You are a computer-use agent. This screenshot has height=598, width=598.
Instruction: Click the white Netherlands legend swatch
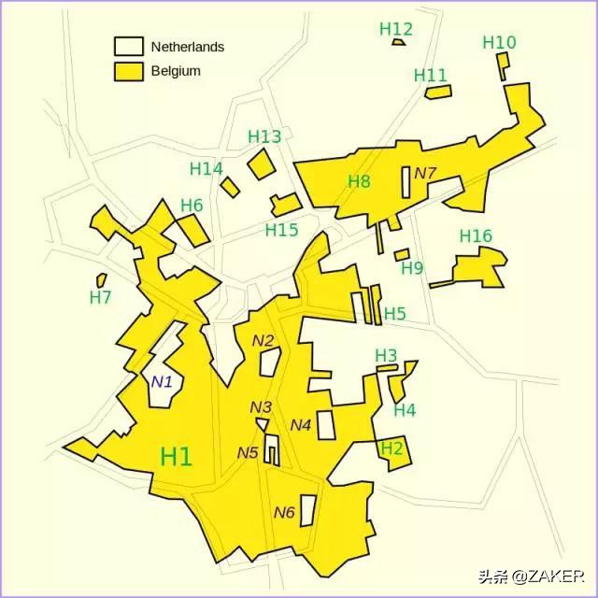click(x=128, y=46)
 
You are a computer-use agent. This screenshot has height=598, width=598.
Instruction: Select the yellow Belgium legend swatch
click(x=128, y=71)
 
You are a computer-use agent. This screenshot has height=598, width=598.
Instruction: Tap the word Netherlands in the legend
click(x=188, y=47)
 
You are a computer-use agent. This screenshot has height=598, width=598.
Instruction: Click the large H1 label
click(x=177, y=457)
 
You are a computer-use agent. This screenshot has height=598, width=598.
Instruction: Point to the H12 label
click(x=396, y=29)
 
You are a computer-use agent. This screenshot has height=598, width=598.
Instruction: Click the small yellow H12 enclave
click(x=399, y=42)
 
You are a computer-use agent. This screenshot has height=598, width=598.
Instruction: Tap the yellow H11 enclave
click(x=438, y=92)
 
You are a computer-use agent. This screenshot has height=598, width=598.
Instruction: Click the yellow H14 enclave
click(x=230, y=187)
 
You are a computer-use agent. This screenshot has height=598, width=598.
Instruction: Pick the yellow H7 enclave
click(x=101, y=279)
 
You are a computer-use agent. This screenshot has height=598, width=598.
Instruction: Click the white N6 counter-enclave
click(x=306, y=510)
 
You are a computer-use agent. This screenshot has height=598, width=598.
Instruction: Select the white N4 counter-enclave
click(x=325, y=425)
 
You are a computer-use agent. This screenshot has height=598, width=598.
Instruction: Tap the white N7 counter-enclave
click(x=406, y=181)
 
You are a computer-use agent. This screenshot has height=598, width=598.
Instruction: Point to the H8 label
click(x=359, y=181)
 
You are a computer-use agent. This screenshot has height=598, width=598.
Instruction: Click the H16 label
click(x=476, y=236)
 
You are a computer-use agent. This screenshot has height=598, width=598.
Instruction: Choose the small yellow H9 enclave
click(x=402, y=254)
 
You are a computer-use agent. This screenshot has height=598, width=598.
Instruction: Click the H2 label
click(x=392, y=448)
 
